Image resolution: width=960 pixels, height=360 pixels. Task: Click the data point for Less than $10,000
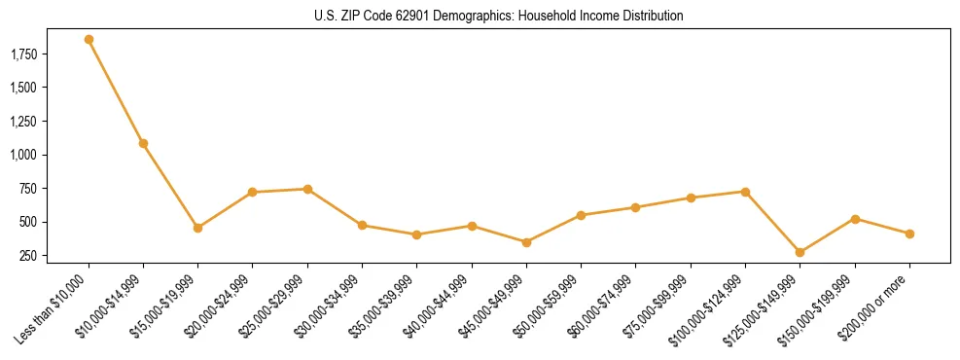click(x=89, y=40)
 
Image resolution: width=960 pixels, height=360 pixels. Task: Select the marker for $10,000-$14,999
click(x=143, y=143)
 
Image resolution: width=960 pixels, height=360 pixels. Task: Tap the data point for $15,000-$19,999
click(x=197, y=228)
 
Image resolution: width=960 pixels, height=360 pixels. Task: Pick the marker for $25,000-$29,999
click(x=307, y=189)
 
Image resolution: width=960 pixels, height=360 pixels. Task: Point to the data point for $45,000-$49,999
click(x=526, y=242)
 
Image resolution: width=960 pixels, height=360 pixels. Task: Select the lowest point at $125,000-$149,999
click(x=800, y=252)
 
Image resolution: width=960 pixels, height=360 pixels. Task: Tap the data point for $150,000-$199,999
click(x=855, y=219)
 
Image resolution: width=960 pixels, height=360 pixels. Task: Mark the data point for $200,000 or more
click(x=909, y=234)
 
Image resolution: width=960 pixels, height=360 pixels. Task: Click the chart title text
click(x=499, y=17)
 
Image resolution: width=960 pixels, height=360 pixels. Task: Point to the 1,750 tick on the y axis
click(x=23, y=54)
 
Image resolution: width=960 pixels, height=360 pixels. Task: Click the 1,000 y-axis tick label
click(x=23, y=155)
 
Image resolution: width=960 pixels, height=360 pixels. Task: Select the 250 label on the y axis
click(x=29, y=256)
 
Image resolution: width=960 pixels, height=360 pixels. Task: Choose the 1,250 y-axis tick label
click(x=23, y=121)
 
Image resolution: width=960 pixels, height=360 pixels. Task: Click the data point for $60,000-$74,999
click(x=635, y=207)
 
